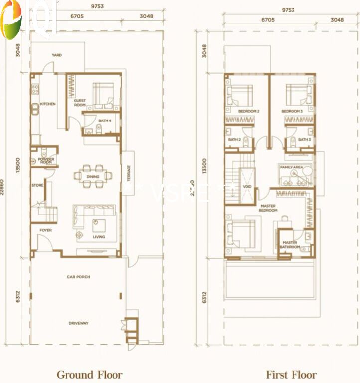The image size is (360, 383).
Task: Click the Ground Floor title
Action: [89, 374]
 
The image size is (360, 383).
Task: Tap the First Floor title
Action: [291, 374]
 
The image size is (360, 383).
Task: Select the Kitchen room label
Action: [48, 104]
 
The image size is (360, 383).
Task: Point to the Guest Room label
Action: [80, 103]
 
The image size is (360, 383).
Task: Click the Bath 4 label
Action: [105, 121]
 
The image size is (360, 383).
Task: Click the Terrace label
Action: [128, 173]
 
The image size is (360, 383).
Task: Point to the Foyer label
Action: [46, 230]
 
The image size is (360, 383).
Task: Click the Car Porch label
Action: [79, 276]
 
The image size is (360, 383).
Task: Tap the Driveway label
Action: [78, 323]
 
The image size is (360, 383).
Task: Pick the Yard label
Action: [57, 55]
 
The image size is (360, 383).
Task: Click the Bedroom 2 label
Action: [249, 111]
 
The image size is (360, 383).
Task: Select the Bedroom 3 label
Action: [292, 111]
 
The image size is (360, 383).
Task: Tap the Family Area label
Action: [292, 167]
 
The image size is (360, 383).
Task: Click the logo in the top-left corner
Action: [27, 19]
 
